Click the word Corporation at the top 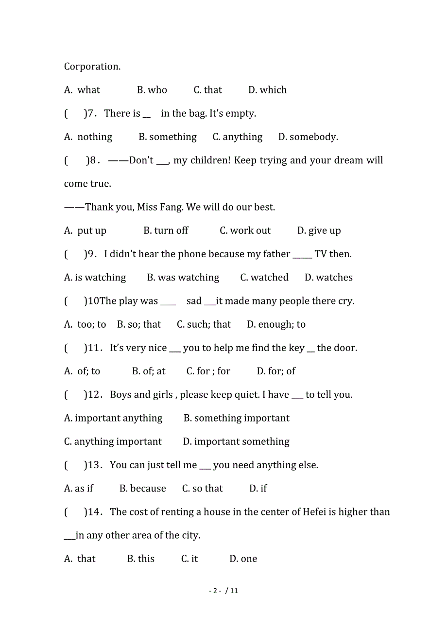tap(92, 67)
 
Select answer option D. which tap(267, 90)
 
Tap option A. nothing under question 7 tap(88, 137)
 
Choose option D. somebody tap(308, 137)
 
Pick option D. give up tap(319, 230)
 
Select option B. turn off tap(166, 230)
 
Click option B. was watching tap(183, 278)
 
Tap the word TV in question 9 tap(321, 254)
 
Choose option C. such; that tap(204, 324)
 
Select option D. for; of tap(276, 371)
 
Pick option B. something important tap(236, 418)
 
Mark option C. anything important tap(113, 441)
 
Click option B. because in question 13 tap(142, 489)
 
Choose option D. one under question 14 tap(243, 559)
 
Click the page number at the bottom tap(223, 591)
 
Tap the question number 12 tap(94, 395)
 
